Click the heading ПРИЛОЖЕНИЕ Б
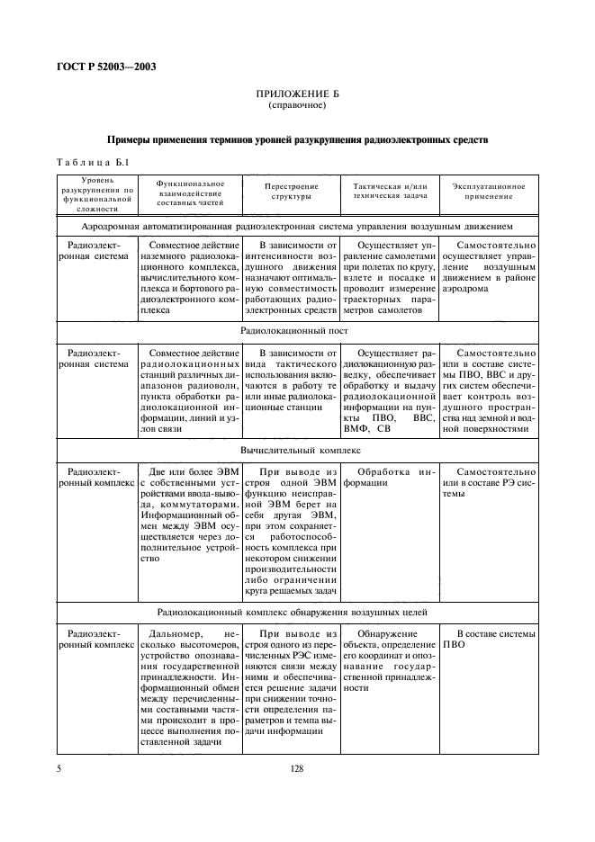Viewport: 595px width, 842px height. pyautogui.click(x=297, y=94)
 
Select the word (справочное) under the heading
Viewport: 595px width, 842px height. pyautogui.click(x=297, y=105)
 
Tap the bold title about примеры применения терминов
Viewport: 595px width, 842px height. pyautogui.click(x=297, y=140)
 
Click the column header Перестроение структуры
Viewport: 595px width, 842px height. pyautogui.click(x=289, y=190)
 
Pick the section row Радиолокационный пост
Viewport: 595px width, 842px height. pyautogui.click(x=297, y=331)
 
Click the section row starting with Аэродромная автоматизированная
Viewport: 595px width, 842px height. pyautogui.click(x=297, y=227)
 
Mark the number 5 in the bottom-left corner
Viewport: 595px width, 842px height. pyautogui.click(x=59, y=768)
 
